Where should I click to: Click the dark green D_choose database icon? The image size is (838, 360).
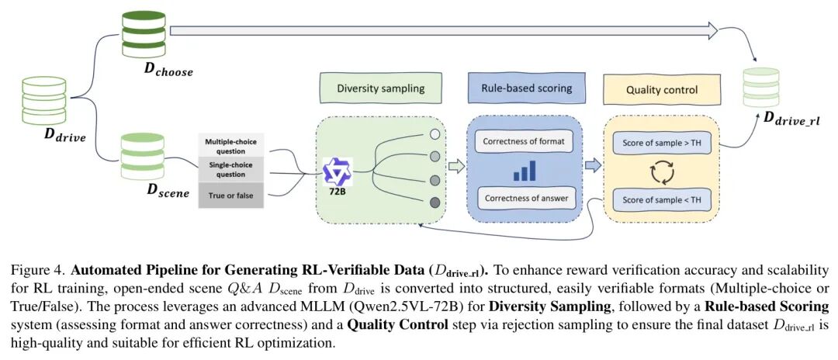click(x=144, y=35)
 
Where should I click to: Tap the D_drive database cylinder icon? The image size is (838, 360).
click(x=44, y=100)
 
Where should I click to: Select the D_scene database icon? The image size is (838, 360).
click(x=142, y=157)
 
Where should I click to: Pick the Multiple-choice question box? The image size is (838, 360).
click(x=231, y=145)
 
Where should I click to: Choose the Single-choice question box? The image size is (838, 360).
click(x=231, y=169)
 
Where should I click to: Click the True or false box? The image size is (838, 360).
click(x=231, y=196)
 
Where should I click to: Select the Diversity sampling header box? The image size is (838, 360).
click(x=380, y=88)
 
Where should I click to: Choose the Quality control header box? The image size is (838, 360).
click(x=662, y=89)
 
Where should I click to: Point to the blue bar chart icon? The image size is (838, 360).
click(x=524, y=171)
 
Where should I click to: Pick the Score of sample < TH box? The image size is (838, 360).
click(x=662, y=200)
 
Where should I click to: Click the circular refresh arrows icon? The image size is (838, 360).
click(x=662, y=172)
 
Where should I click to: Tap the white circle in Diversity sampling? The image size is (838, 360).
click(x=435, y=134)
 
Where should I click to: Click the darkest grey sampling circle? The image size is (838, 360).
click(x=435, y=202)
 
